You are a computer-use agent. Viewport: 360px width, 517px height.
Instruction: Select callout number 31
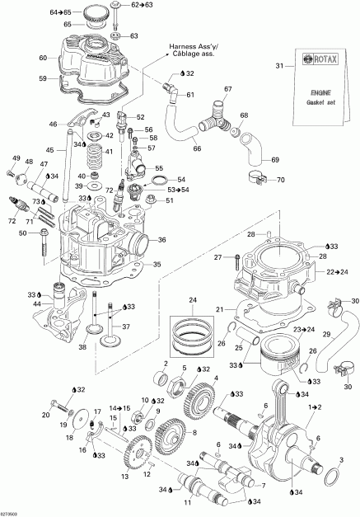point(278,66)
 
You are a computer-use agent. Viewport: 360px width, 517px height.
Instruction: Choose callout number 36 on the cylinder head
point(161,240)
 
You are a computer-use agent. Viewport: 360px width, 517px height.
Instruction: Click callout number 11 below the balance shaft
point(187,503)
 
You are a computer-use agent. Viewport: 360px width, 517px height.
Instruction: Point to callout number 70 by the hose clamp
point(279,180)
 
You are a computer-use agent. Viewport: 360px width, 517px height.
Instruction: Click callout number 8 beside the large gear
point(194,432)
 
